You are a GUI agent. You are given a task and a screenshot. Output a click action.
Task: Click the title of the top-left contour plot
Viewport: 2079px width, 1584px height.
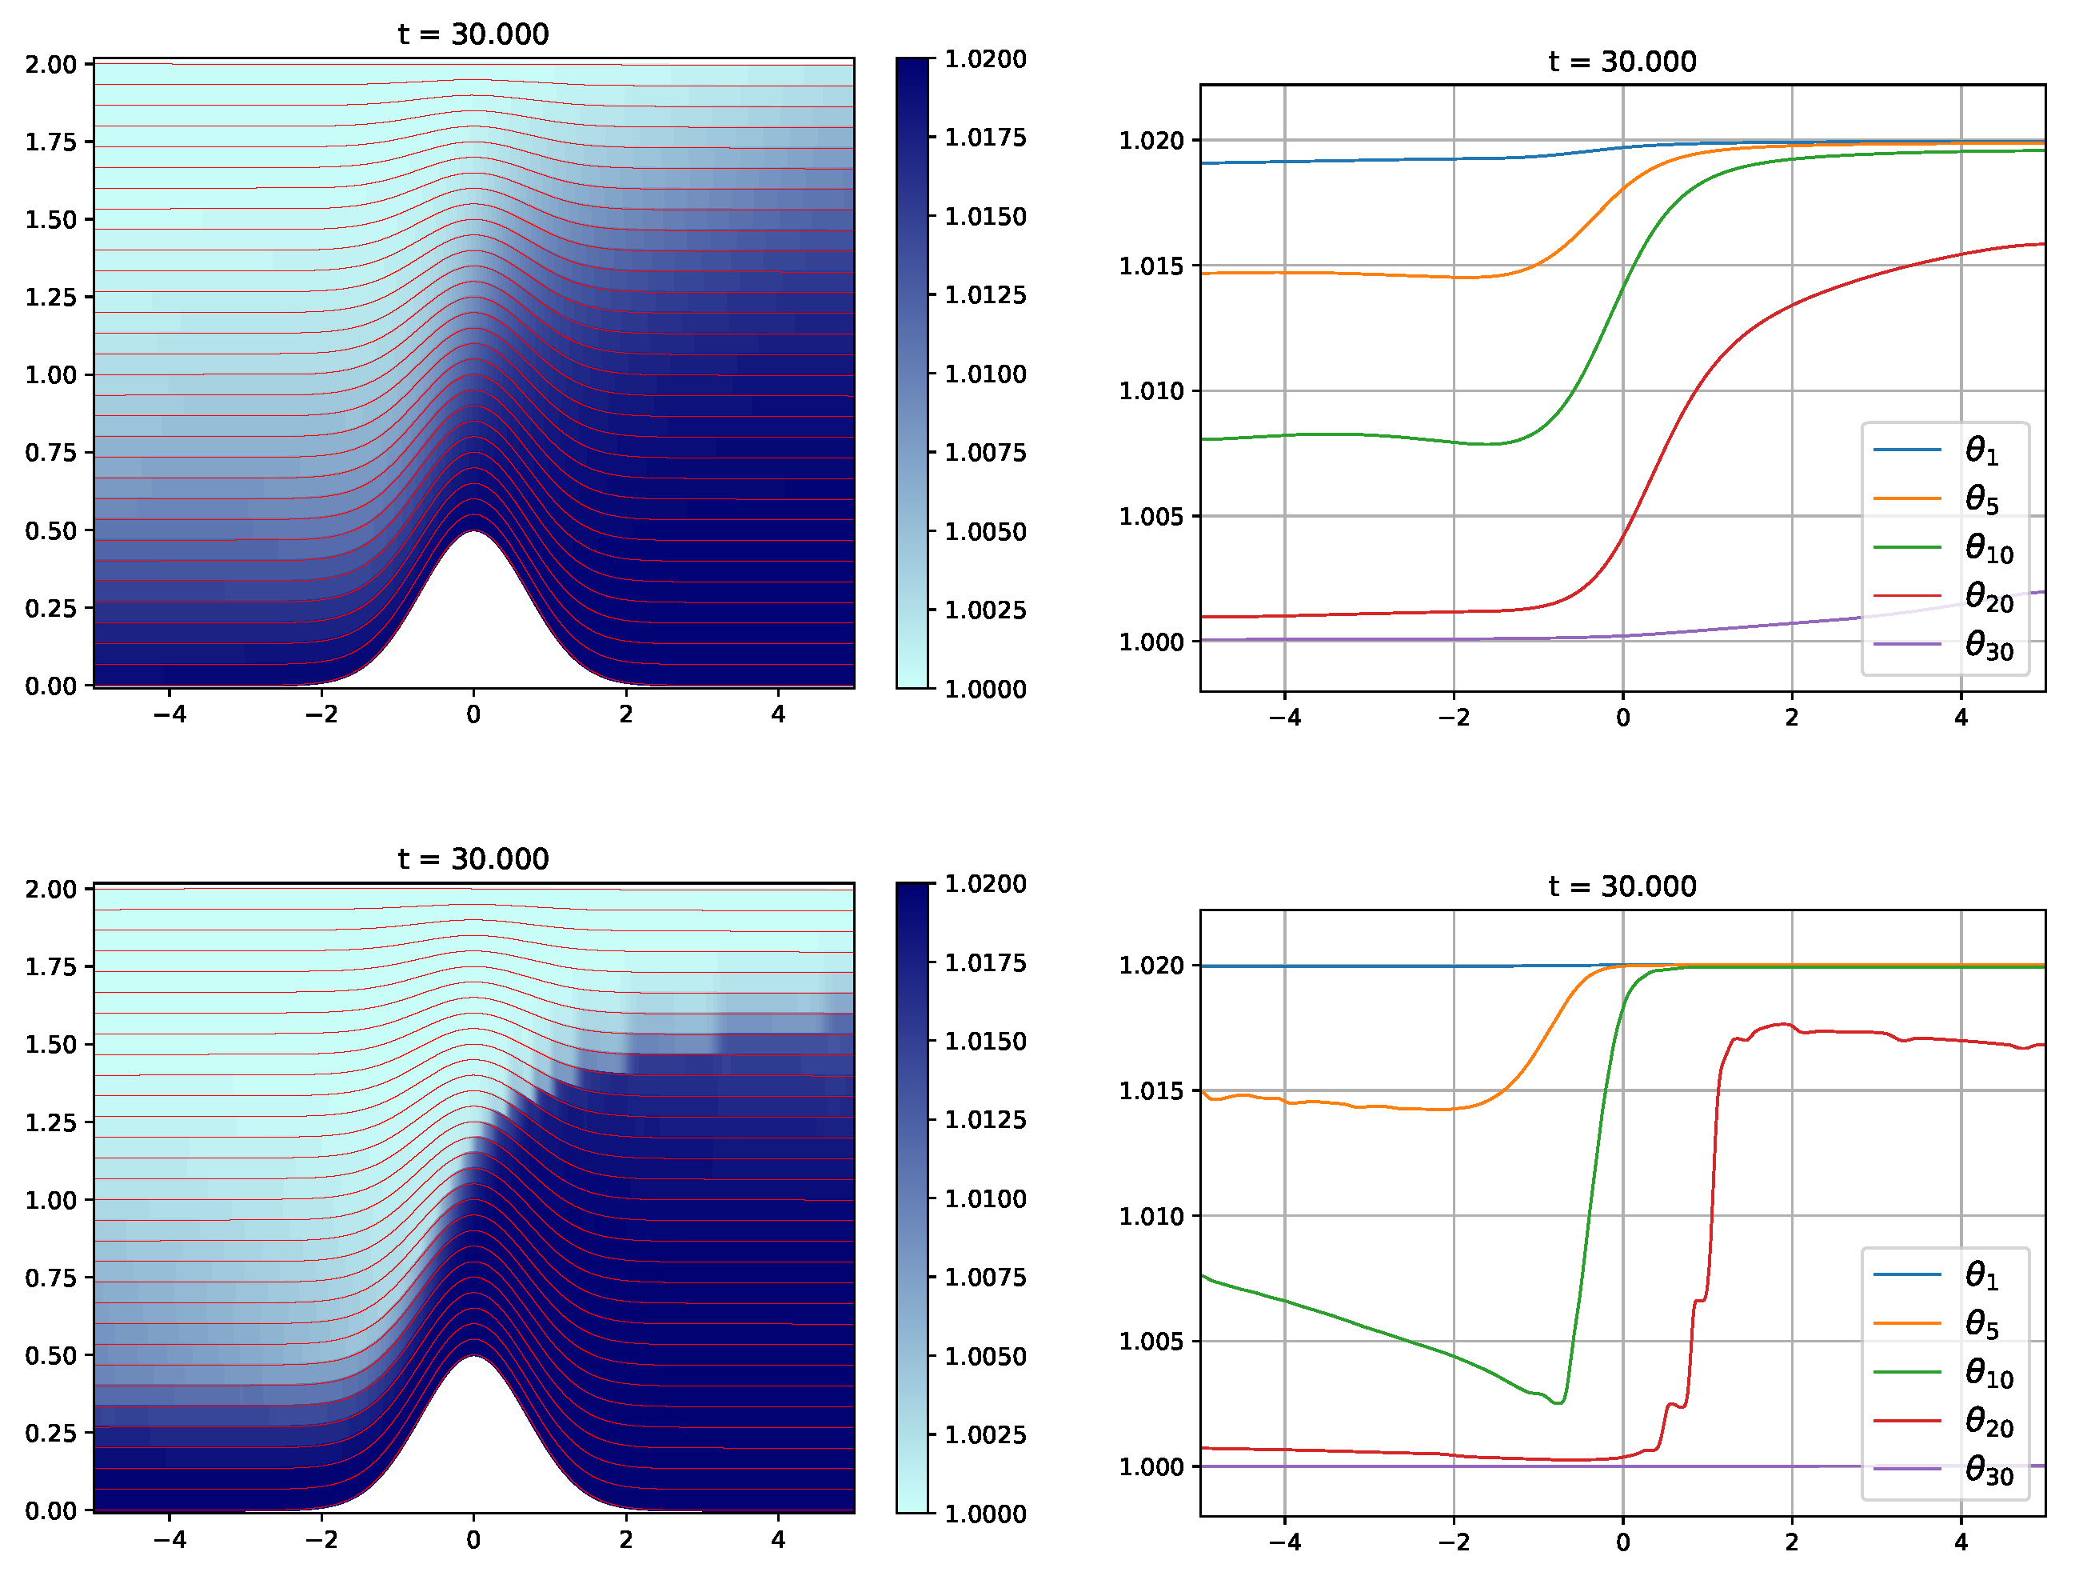(473, 34)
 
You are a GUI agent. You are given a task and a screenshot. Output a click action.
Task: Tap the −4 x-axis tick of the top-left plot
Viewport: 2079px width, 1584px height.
(170, 714)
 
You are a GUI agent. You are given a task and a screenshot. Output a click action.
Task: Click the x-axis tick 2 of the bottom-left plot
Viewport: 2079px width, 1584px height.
(626, 1540)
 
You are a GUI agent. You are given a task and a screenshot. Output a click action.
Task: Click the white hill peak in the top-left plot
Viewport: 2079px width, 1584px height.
(473, 566)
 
